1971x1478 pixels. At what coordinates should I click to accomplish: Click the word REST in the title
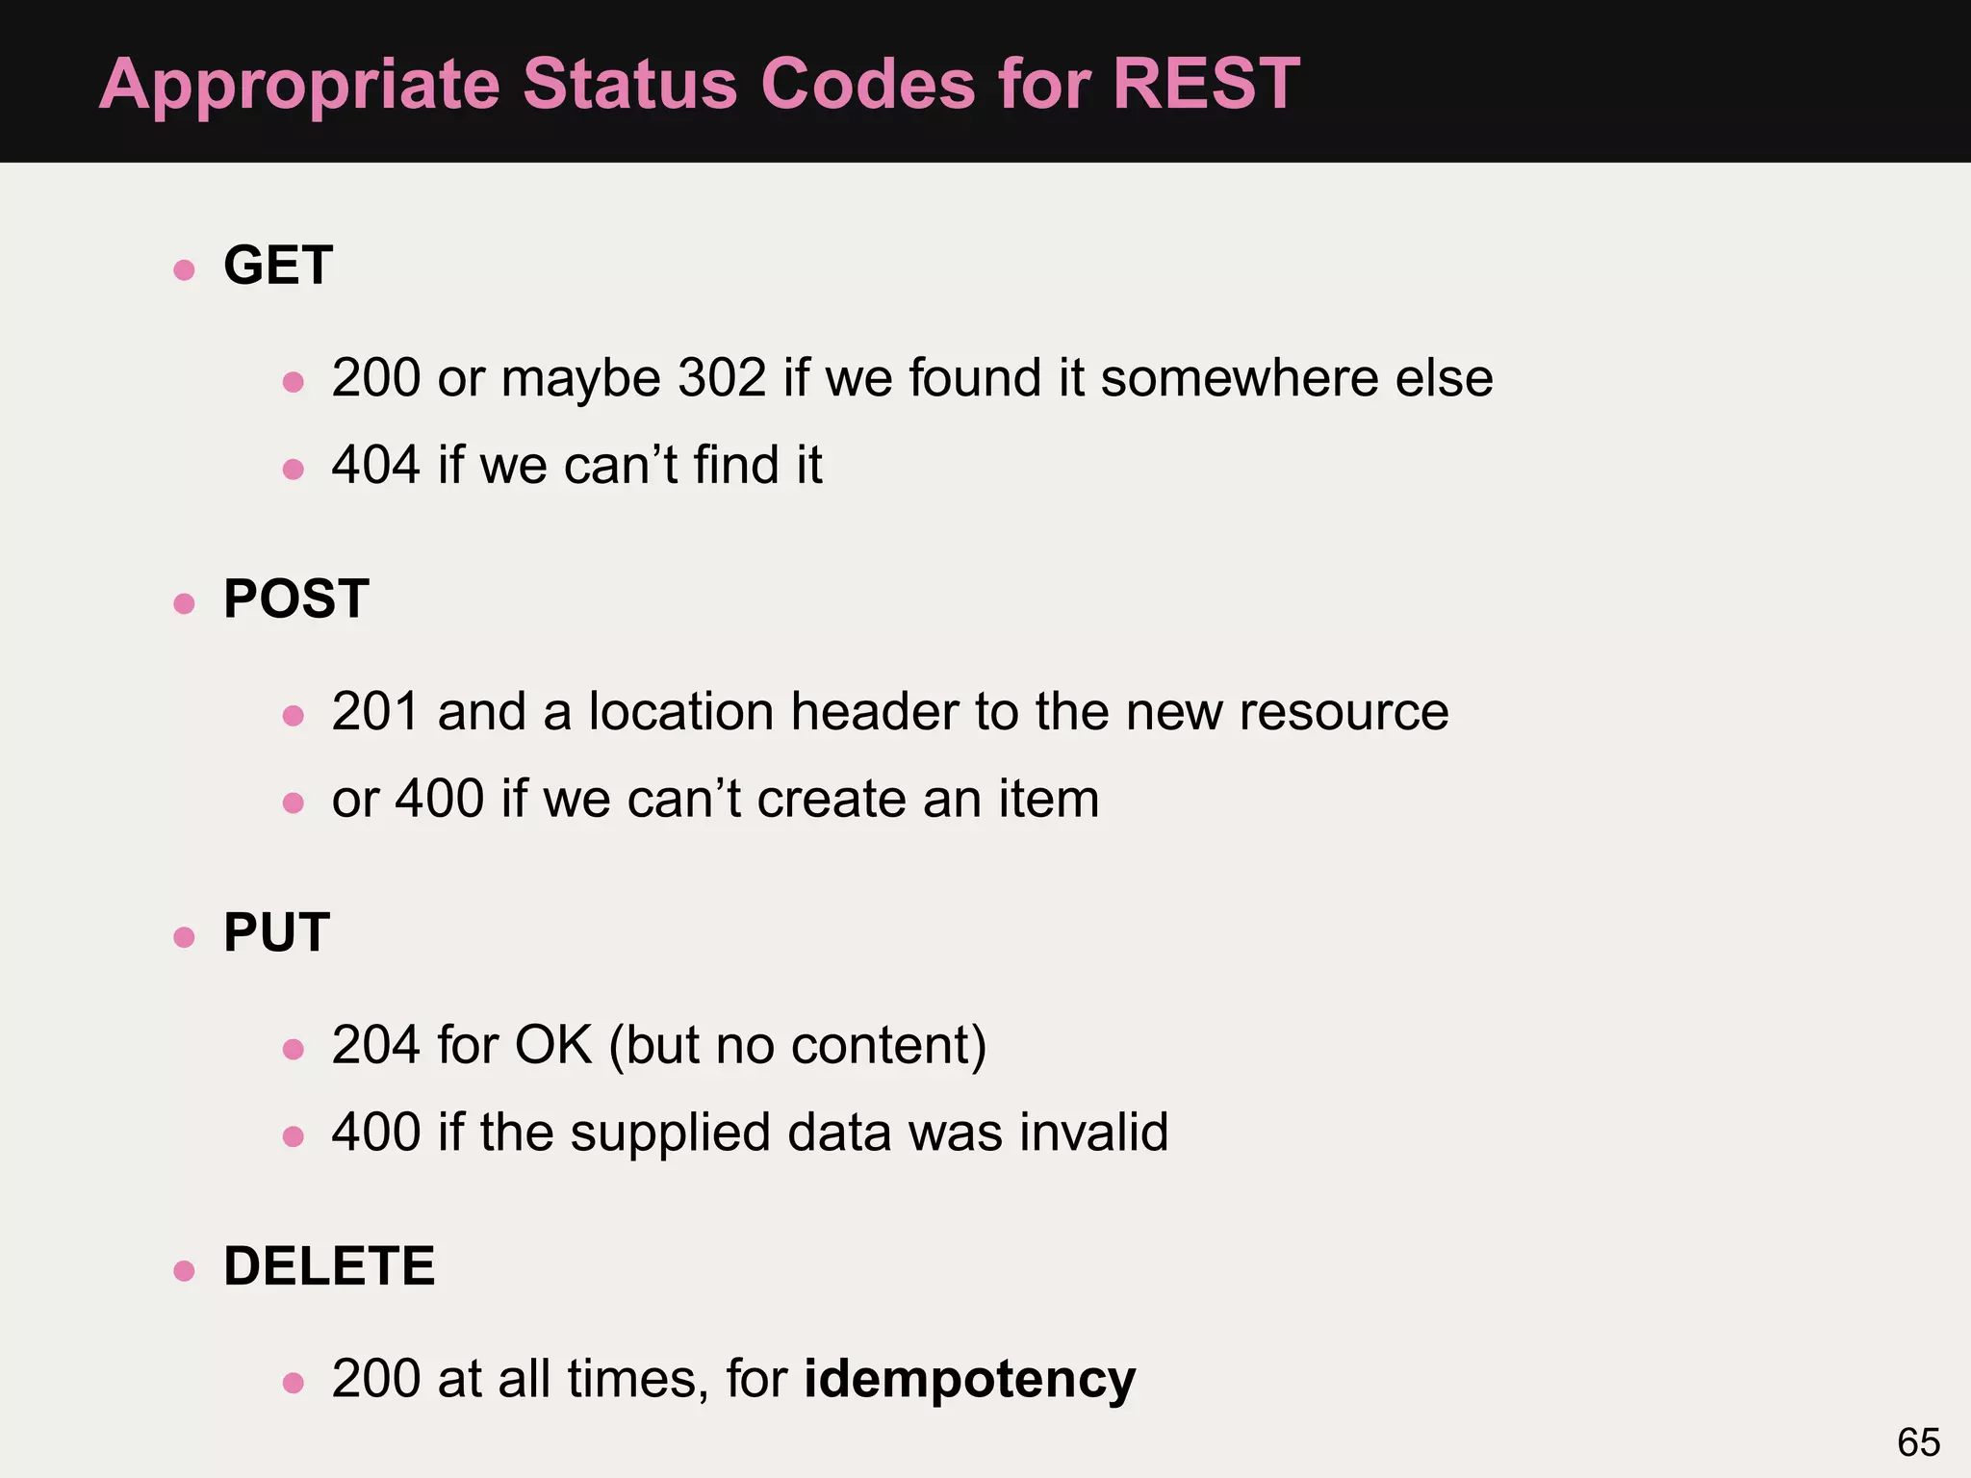1206,84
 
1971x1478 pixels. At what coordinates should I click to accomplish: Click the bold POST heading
296,599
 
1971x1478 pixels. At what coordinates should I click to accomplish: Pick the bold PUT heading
277,932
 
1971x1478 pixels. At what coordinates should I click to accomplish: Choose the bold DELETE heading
329,1265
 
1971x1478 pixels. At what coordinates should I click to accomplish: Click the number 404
375,465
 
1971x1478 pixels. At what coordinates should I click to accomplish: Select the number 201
375,711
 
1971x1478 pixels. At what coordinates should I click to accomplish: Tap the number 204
375,1045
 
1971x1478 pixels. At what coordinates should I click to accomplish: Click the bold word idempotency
970,1379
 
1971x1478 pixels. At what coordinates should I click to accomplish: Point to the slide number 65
1918,1442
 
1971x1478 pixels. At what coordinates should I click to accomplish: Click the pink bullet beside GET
185,269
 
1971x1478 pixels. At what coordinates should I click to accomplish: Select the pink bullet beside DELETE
185,1271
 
